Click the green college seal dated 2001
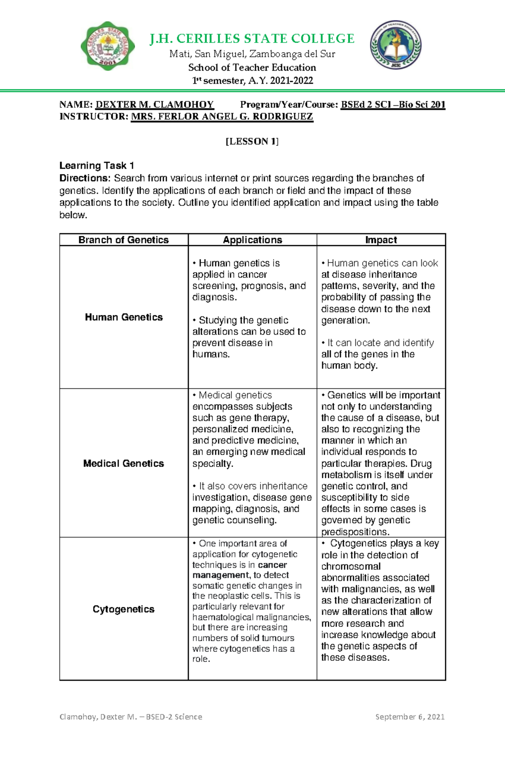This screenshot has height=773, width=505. pos(108,46)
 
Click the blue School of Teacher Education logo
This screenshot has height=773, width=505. pos(396,45)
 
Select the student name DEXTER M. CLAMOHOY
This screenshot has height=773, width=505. pos(154,104)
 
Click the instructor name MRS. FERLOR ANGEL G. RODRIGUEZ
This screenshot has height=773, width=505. pos(222,117)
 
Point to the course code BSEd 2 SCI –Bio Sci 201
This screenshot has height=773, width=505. pos(393,104)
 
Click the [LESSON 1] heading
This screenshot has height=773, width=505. pos(252,141)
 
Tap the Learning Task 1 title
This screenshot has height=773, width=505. pos(96,166)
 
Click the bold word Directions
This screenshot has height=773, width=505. pos(84,178)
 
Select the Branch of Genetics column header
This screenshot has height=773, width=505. pos(123,240)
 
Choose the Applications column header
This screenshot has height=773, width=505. pos(252,240)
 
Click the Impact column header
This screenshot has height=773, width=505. pos(381,240)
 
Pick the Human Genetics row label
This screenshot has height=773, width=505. pos(123,317)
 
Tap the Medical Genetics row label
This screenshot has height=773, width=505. pos(123,463)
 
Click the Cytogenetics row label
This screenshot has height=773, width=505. pos(123,609)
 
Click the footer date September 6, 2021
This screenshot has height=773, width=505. pos(410,717)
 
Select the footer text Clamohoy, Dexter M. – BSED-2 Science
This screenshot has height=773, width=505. pos(130,717)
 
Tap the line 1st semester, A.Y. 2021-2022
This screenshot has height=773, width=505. pos(252,80)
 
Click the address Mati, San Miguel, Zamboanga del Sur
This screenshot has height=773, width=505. pos(252,54)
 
